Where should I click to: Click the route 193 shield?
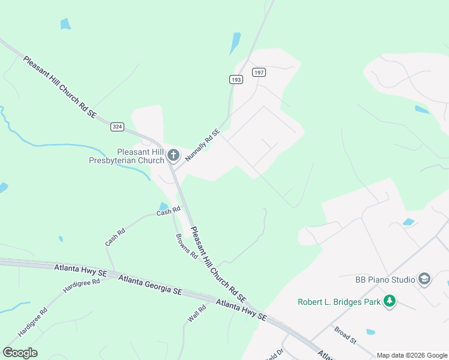coord(235,79)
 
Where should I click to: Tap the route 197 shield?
coord(259,72)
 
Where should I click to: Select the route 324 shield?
coord(118,127)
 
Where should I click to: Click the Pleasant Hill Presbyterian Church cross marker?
coord(173,156)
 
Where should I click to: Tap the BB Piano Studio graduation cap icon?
coord(424,279)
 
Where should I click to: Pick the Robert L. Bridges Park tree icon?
coord(390,301)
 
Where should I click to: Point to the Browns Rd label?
coord(187,245)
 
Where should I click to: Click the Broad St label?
coord(346,335)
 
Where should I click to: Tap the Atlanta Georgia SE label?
coord(150,284)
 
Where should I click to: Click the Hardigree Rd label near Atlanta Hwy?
coord(81,286)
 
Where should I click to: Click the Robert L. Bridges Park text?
coord(339,301)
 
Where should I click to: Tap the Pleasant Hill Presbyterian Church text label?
coord(127,156)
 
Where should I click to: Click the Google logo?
coord(20,352)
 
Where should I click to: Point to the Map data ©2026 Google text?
coord(411,355)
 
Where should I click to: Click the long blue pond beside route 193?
coord(235,44)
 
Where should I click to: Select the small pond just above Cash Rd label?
coord(163,206)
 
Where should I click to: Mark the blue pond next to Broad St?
coord(370,331)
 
